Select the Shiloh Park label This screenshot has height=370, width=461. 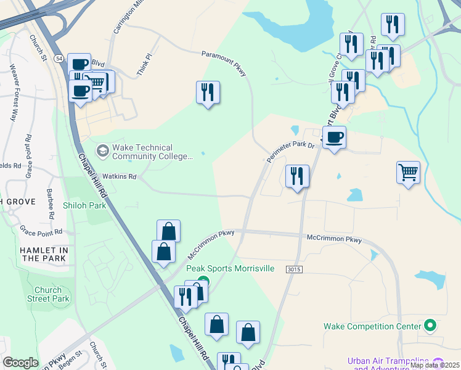pyautogui.click(x=84, y=205)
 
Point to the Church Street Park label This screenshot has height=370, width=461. pyautogui.click(x=48, y=294)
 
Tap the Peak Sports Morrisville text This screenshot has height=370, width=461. pyautogui.click(x=230, y=269)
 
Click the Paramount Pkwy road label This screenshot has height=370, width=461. pyautogui.click(x=224, y=64)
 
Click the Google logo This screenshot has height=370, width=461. pyautogui.click(x=20, y=363)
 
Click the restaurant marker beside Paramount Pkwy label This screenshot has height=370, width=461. pyautogui.click(x=208, y=92)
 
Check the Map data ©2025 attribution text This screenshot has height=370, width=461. pyautogui.click(x=434, y=365)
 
